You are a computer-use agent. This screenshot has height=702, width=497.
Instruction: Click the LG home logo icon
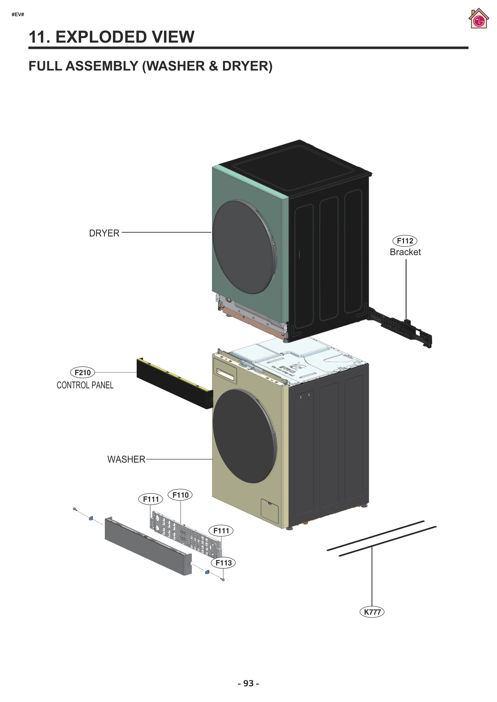click(x=478, y=19)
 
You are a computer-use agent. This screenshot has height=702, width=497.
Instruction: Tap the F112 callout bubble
click(x=405, y=241)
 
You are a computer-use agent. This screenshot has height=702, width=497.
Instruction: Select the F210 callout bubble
click(x=83, y=372)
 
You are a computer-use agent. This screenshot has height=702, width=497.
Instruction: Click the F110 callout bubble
click(x=180, y=495)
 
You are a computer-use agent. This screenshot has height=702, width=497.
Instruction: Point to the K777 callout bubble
click(x=372, y=612)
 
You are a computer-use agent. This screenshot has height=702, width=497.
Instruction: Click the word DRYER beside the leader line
click(x=104, y=233)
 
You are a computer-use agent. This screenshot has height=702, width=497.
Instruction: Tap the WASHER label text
click(x=126, y=459)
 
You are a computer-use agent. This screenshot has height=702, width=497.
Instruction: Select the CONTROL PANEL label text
click(x=85, y=385)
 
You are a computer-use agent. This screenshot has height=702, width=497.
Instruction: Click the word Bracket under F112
click(x=405, y=252)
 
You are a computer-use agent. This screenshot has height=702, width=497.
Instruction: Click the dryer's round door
click(x=244, y=247)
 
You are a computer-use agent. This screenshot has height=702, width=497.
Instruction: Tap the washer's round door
click(x=244, y=436)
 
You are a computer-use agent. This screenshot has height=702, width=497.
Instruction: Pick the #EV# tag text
click(x=18, y=15)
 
